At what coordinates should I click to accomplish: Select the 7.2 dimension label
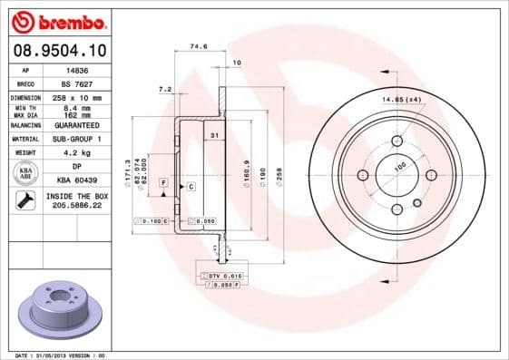point(165,90)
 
